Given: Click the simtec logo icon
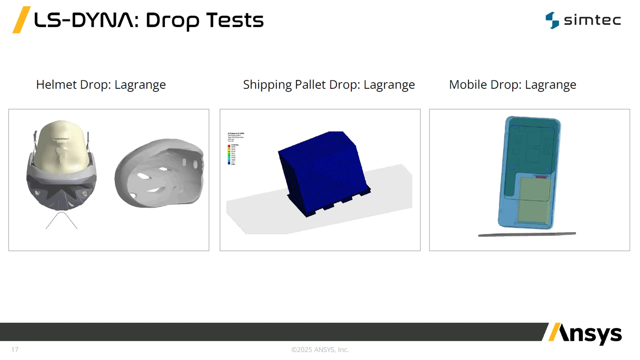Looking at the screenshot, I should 552,20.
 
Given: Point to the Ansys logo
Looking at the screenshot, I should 585,334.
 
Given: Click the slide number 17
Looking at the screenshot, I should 15,350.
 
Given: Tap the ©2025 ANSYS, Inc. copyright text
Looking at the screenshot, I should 320,350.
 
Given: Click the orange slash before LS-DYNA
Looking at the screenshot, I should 21,20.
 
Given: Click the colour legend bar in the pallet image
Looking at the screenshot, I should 229,154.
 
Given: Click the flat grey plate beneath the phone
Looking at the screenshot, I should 527,235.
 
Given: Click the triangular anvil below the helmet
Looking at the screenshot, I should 62,221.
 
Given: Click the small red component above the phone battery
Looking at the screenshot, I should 541,177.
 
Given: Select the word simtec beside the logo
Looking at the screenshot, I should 592,20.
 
